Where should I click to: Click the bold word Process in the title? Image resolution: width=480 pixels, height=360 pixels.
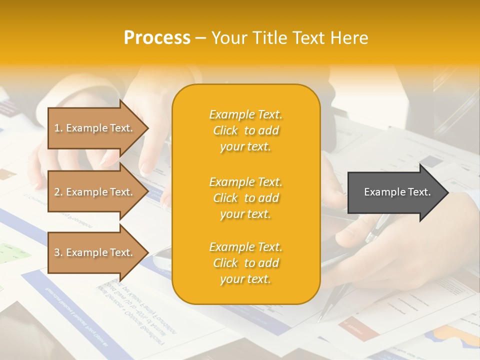(157, 38)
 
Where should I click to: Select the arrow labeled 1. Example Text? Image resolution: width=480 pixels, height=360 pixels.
(95, 128)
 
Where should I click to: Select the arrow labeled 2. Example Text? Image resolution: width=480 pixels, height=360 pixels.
(95, 192)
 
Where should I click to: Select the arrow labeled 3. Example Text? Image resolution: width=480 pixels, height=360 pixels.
(95, 252)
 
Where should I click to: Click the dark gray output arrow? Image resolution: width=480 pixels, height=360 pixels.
(395, 192)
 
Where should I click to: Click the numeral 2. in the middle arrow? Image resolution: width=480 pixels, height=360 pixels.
(58, 192)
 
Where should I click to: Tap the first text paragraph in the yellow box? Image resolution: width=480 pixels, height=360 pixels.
(245, 130)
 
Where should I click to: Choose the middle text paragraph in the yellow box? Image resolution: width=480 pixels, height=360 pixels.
(245, 198)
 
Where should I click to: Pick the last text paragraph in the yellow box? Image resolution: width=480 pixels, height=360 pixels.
(245, 263)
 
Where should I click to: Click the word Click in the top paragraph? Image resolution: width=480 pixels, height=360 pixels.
(225, 130)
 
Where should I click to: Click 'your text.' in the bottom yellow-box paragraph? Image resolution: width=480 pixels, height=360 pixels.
(245, 279)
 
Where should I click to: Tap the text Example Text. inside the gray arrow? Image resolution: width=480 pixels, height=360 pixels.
(397, 192)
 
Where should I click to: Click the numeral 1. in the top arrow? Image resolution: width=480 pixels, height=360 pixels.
(58, 128)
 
